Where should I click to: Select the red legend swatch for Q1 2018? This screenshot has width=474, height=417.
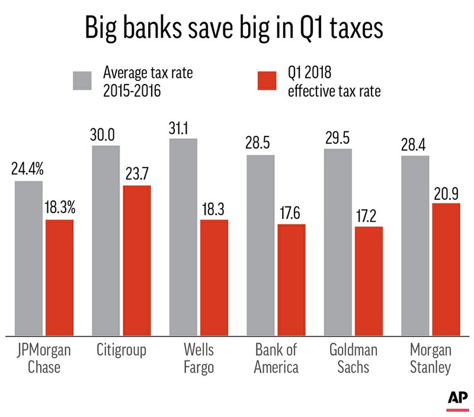pyautogui.click(x=261, y=80)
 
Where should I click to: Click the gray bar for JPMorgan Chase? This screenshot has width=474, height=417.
pyautogui.click(x=29, y=257)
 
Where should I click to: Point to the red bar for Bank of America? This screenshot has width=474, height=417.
pyautogui.click(x=291, y=279)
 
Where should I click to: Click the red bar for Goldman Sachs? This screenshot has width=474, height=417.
pyautogui.click(x=369, y=280)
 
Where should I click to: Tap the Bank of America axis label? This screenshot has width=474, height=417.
pyautogui.click(x=276, y=358)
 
